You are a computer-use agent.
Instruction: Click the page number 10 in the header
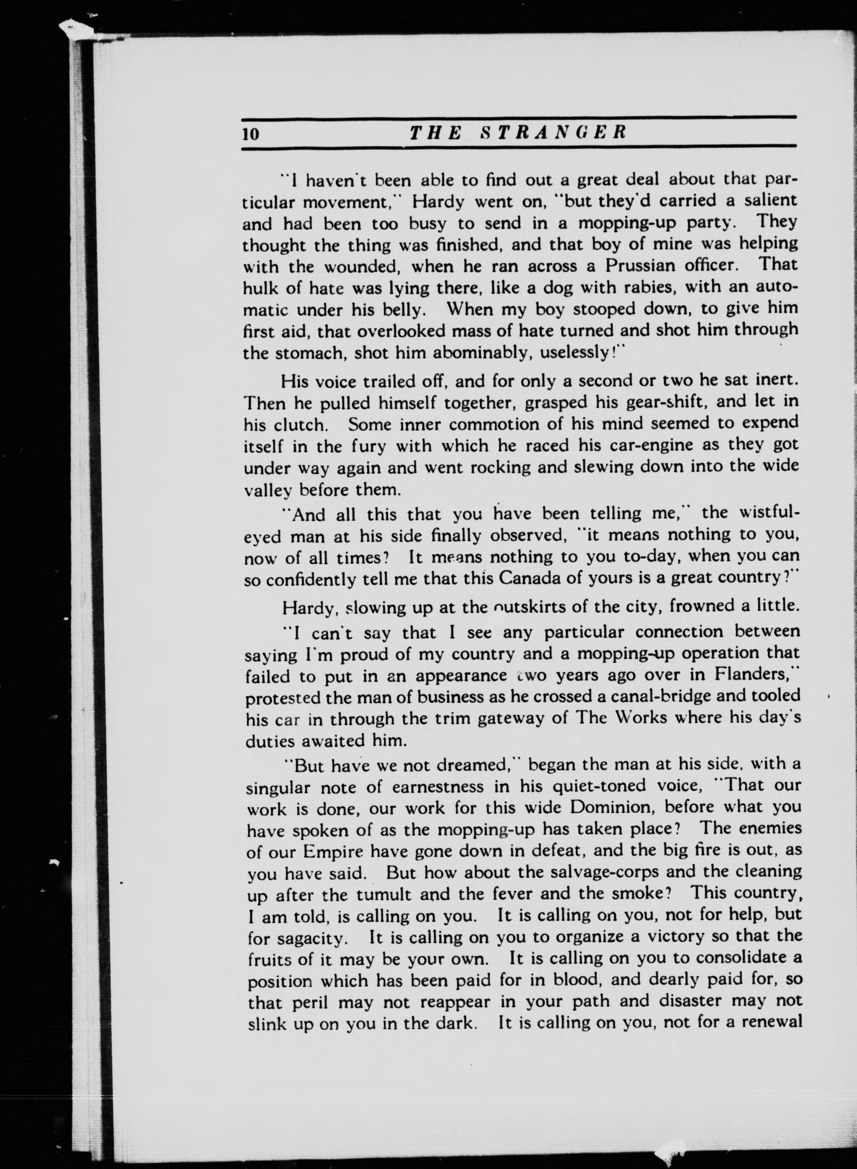250,134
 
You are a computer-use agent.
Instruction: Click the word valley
269,490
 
